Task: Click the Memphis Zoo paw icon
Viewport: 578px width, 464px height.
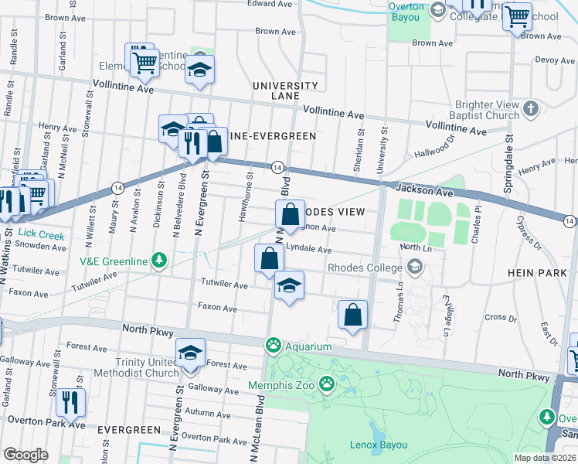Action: click(328, 382)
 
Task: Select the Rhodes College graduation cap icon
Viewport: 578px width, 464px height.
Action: click(416, 268)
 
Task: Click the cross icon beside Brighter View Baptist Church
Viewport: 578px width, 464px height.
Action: click(531, 109)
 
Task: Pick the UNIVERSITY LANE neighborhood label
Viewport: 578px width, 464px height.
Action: click(284, 90)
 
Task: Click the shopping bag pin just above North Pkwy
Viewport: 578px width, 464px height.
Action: click(352, 315)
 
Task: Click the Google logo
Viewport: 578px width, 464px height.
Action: click(25, 454)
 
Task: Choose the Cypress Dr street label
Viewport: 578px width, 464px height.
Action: click(532, 230)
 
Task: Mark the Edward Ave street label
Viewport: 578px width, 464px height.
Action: click(270, 4)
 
